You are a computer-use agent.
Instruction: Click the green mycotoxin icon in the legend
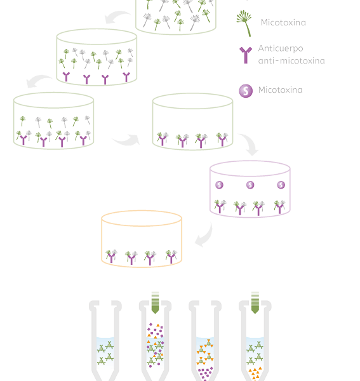tap(244, 23)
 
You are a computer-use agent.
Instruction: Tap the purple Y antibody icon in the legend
tap(246, 55)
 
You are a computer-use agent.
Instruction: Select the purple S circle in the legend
tap(246, 91)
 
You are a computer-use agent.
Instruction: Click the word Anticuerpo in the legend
tap(281, 49)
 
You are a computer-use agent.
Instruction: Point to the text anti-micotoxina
tap(291, 61)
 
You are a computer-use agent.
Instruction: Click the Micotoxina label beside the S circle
tap(281, 90)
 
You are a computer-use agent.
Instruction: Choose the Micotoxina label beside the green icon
tap(283, 23)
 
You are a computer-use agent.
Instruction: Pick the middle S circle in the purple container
tap(250, 185)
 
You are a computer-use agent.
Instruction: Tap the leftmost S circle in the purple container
tap(219, 185)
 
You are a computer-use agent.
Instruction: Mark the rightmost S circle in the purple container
tap(281, 185)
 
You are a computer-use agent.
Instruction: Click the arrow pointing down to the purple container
tap(250, 144)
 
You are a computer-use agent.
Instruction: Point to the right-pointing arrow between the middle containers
tap(126, 140)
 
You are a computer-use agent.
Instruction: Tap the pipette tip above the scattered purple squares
tap(155, 302)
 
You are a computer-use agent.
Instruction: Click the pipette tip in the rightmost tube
tap(255, 302)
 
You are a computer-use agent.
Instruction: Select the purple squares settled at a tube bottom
tap(206, 373)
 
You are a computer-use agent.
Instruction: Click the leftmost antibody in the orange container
tap(111, 256)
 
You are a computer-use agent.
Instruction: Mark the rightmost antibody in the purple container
tap(279, 207)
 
